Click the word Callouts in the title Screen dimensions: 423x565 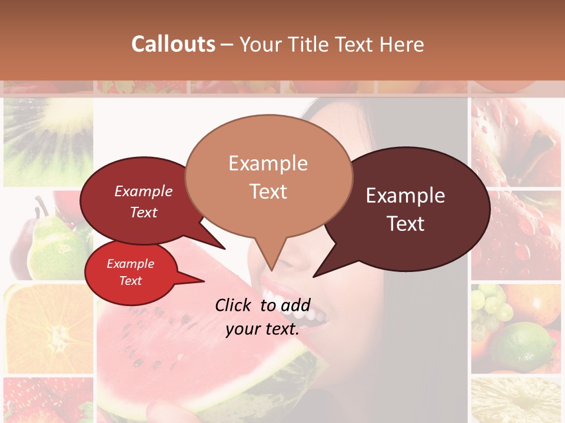[x=173, y=45]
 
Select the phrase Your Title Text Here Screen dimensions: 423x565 [x=331, y=45]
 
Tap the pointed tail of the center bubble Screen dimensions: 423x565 [x=271, y=264]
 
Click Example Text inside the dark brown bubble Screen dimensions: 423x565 [x=406, y=210]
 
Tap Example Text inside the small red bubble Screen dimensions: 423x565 [x=130, y=272]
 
